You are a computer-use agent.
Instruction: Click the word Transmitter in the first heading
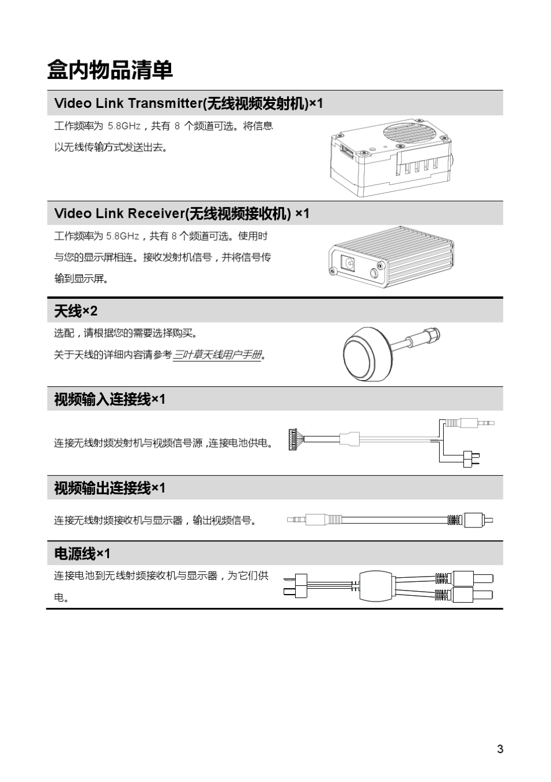click(164, 103)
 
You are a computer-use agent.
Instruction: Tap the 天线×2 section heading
click(75, 312)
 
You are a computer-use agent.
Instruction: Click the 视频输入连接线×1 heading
click(109, 399)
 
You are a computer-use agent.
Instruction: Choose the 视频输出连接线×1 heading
click(109, 488)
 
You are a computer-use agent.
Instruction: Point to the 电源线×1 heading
click(82, 553)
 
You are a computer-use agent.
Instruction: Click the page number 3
click(500, 748)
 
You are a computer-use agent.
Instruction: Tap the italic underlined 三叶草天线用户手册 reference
click(217, 354)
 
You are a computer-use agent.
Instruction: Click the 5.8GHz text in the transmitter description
click(124, 126)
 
